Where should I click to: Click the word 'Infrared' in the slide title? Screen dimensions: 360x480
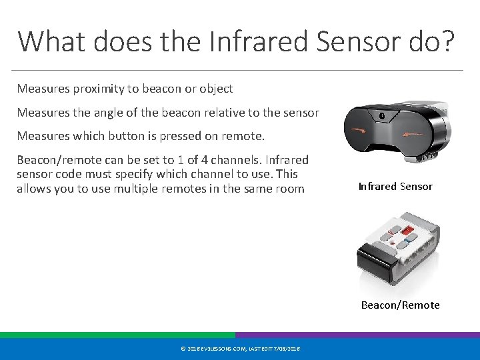(x=256, y=41)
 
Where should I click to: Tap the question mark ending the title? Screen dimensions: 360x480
(x=447, y=41)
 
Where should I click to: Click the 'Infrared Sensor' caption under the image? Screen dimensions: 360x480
(x=395, y=187)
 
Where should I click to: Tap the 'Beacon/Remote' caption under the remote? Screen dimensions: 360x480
(x=400, y=305)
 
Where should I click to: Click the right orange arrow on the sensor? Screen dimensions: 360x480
(x=413, y=133)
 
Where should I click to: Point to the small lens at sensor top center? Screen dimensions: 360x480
(x=382, y=115)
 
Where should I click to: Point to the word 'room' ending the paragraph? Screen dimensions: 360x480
(x=290, y=189)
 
